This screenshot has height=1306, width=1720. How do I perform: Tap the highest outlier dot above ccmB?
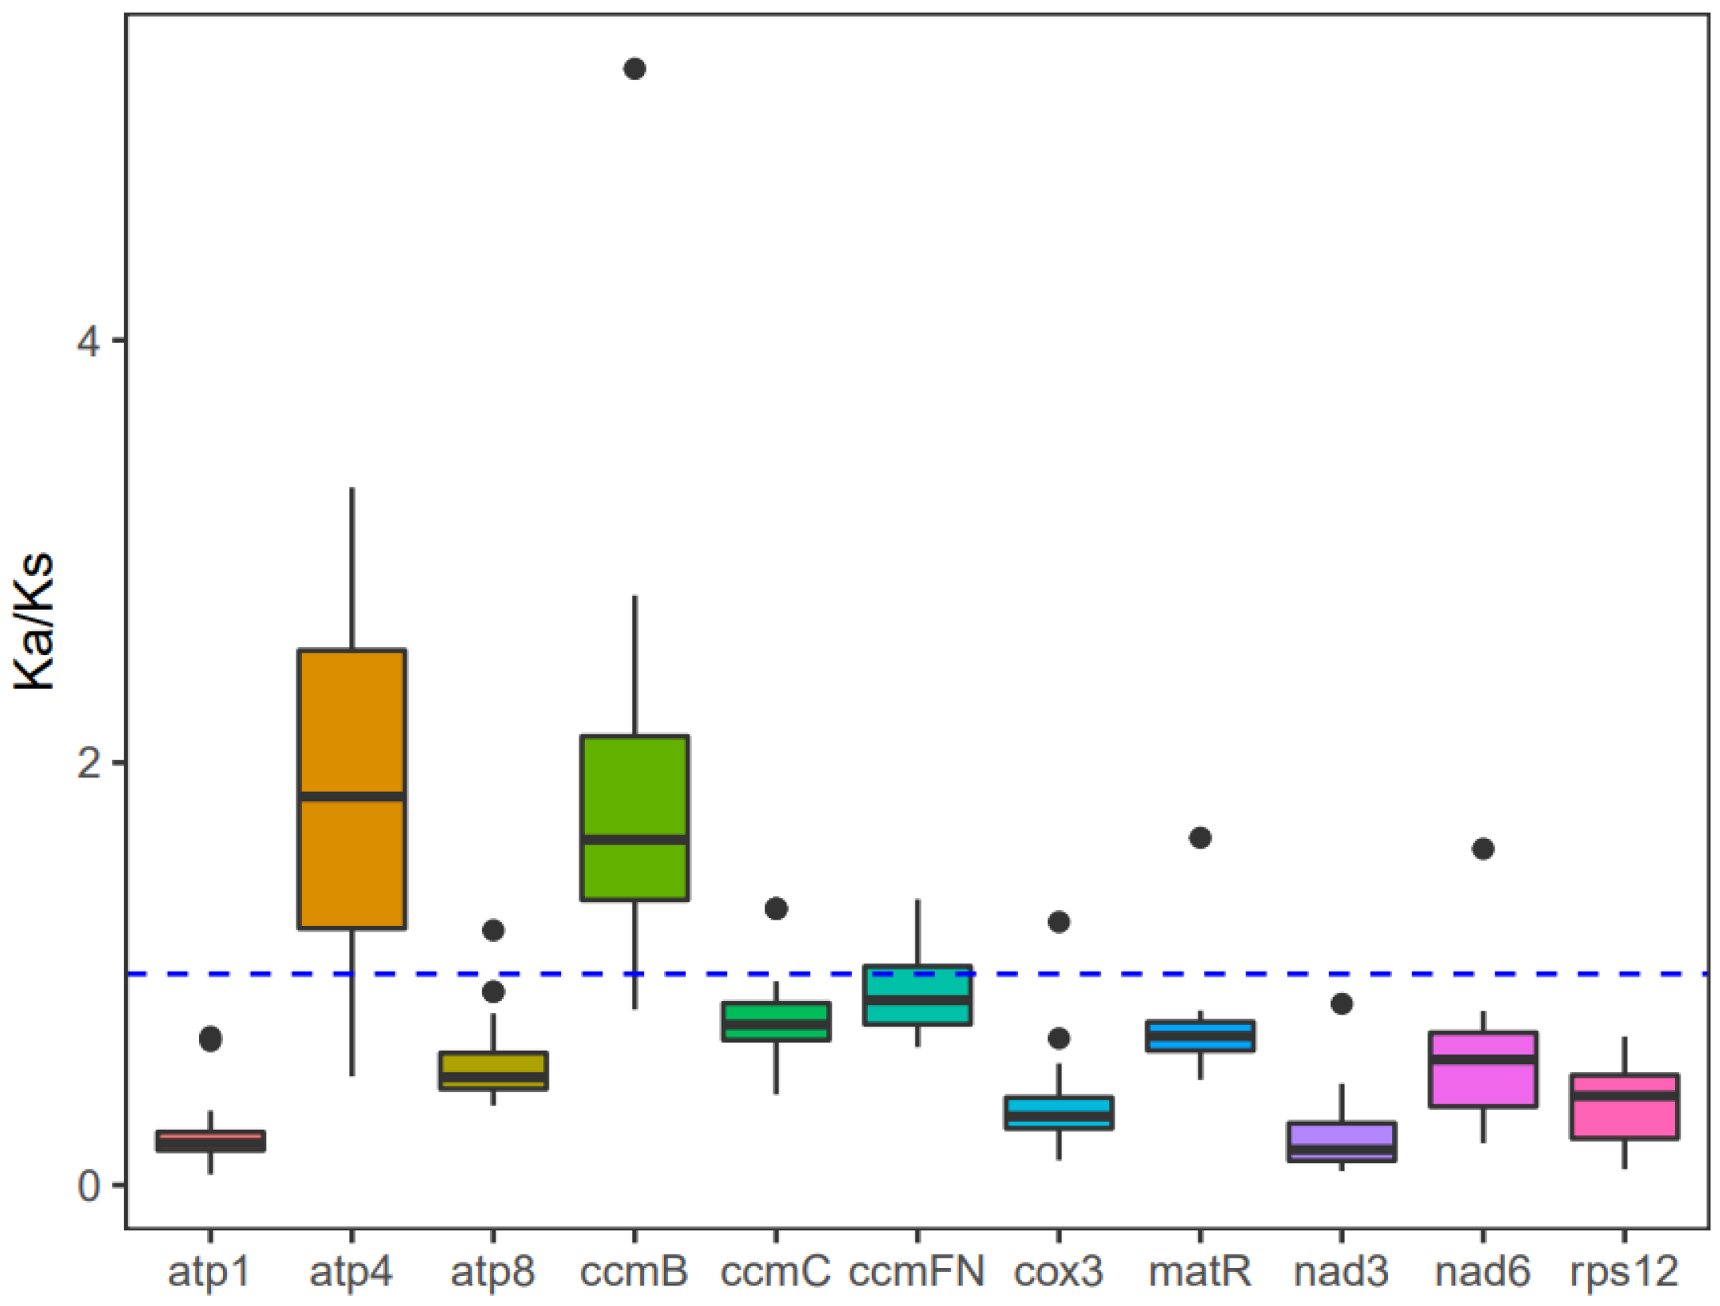coord(635,69)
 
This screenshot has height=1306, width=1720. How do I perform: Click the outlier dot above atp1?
coord(210,1039)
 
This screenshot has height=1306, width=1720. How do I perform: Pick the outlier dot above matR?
coord(1200,837)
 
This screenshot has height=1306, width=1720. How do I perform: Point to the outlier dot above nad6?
coord(1483,849)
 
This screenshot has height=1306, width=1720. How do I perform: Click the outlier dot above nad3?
coord(1341,1004)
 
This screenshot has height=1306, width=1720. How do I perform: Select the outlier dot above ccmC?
coord(776,909)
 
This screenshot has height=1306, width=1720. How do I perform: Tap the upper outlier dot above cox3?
coord(1059,921)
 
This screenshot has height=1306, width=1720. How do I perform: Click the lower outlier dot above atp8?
coord(493,992)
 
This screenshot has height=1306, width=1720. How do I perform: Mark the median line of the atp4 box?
coord(352,796)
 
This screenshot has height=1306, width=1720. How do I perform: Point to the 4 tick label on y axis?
coord(89,341)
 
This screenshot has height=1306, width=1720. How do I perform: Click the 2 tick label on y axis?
coord(89,763)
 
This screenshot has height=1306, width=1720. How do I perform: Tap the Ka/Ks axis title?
coord(35,622)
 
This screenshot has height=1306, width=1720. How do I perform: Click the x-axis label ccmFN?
coord(917,1271)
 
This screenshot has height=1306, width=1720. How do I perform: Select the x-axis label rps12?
coord(1624,1271)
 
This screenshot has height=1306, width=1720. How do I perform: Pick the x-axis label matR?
coord(1200,1271)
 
